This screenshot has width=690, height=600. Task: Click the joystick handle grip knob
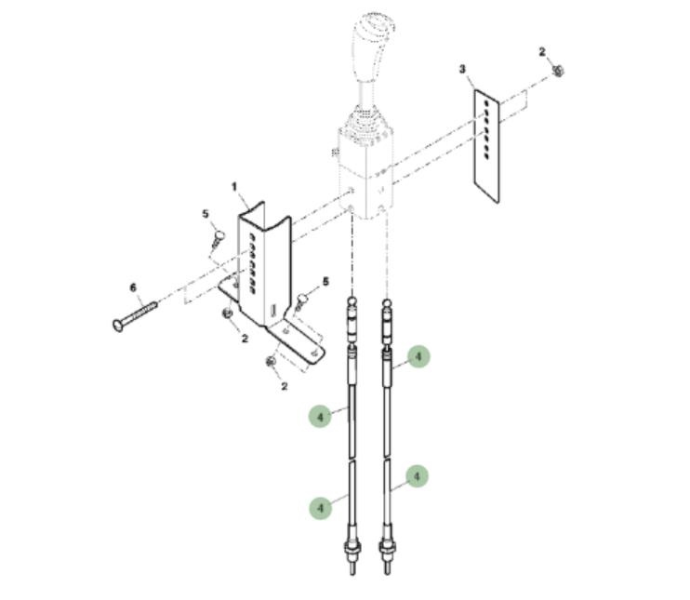[372, 47]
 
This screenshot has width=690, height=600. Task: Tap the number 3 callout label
[462, 69]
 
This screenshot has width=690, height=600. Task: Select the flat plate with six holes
[486, 146]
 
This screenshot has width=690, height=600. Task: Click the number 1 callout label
[234, 187]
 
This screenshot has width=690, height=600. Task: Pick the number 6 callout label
[133, 287]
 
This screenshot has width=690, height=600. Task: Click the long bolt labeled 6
[135, 315]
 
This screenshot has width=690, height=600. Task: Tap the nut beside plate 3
[559, 71]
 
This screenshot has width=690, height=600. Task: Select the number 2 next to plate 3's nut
[542, 52]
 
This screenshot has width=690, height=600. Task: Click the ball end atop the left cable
[352, 301]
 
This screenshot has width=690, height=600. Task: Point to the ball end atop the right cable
[386, 303]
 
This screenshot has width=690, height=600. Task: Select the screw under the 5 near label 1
[218, 239]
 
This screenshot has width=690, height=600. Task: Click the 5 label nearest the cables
[325, 281]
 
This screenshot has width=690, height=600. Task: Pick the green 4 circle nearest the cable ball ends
[418, 356]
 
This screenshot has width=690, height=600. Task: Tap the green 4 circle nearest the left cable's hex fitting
[320, 508]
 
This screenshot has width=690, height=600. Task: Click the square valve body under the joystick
[365, 173]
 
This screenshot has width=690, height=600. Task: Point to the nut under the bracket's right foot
[271, 362]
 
